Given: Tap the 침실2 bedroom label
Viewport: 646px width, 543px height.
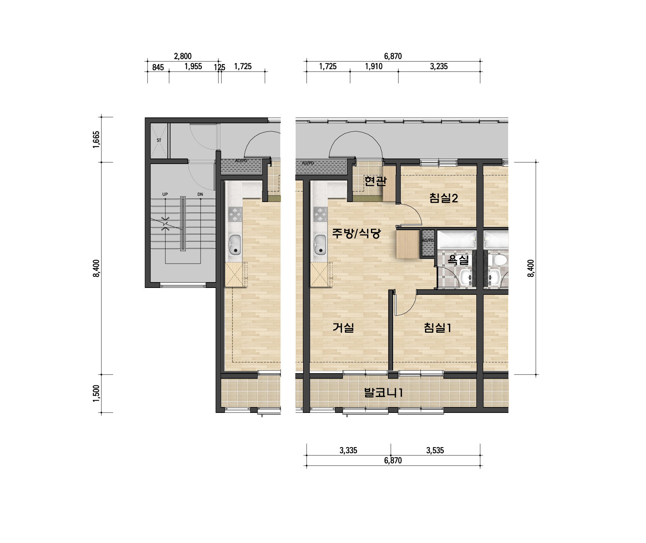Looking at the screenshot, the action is pyautogui.click(x=444, y=198).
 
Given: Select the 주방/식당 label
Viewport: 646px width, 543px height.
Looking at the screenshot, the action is pyautogui.click(x=357, y=233).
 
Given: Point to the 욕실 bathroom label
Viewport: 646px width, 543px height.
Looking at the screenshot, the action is pyautogui.click(x=458, y=260).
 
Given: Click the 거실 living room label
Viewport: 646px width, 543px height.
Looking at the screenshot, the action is pyautogui.click(x=343, y=328).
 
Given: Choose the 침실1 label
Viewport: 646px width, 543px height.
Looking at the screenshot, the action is pyautogui.click(x=438, y=328).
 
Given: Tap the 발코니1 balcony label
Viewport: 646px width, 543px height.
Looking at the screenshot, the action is pyautogui.click(x=384, y=392).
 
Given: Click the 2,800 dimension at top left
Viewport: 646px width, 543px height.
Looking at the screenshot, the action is pyautogui.click(x=183, y=56).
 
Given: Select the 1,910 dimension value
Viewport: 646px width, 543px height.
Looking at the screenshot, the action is pyautogui.click(x=374, y=66).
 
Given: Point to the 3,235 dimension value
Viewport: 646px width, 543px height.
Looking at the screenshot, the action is pyautogui.click(x=439, y=66).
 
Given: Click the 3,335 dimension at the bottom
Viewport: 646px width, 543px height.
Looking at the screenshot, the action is pyautogui.click(x=348, y=451).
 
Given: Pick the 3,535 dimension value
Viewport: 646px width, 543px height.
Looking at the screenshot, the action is pyautogui.click(x=435, y=451).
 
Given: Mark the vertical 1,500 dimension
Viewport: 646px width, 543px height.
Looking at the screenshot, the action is pyautogui.click(x=96, y=393).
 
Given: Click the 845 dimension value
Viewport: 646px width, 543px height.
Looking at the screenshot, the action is pyautogui.click(x=158, y=67).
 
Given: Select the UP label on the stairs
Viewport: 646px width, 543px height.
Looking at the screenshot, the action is pyautogui.click(x=165, y=194).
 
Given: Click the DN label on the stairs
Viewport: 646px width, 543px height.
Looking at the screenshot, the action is pyautogui.click(x=200, y=194).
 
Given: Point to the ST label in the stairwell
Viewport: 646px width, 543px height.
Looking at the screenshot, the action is pyautogui.click(x=159, y=140).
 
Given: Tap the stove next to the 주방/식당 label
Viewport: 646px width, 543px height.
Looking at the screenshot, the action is pyautogui.click(x=320, y=214).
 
